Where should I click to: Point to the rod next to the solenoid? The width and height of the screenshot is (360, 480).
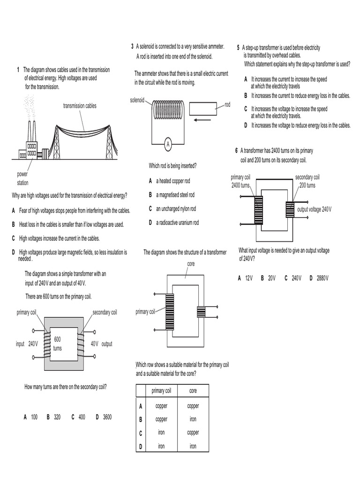[202, 108]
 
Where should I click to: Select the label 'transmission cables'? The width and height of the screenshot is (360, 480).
[80, 106]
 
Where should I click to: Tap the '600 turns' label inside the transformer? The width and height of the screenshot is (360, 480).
[58, 344]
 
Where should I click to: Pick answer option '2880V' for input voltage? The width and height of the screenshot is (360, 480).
[319, 278]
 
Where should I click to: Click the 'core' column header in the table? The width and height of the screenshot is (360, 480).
[193, 390]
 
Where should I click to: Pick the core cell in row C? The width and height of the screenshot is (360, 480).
[193, 433]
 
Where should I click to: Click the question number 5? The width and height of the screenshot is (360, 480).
[238, 47]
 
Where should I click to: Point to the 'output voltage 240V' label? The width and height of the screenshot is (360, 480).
[314, 209]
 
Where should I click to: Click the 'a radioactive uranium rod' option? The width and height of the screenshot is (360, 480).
[174, 223]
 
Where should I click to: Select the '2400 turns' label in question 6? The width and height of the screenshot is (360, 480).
[241, 186]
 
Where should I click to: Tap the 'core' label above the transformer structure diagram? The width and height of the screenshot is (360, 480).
[191, 264]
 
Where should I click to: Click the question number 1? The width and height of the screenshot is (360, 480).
[18, 70]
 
